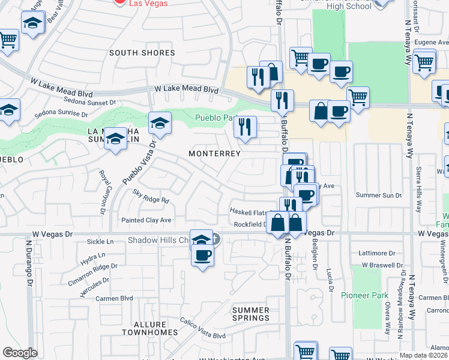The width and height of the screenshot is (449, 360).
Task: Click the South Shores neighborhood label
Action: click(x=142, y=53)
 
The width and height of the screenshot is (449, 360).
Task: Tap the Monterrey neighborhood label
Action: click(x=214, y=154)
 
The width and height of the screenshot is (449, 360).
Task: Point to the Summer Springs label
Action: click(x=251, y=314)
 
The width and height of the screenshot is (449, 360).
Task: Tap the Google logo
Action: click(x=20, y=353)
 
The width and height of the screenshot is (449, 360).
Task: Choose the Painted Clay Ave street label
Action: click(x=146, y=220)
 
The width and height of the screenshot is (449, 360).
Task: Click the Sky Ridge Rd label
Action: click(x=151, y=196)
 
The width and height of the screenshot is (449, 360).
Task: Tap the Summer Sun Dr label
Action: click(x=378, y=195)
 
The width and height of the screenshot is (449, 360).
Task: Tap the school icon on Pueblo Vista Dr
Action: click(x=160, y=124)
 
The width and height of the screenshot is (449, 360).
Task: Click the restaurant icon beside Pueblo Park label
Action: click(x=245, y=127)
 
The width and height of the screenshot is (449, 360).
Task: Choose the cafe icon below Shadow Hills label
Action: click(x=202, y=255)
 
